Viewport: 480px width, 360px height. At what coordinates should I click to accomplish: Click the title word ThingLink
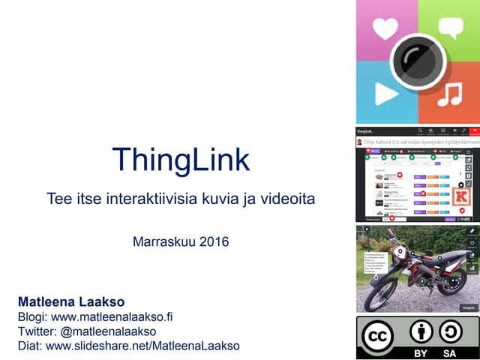click(x=180, y=159)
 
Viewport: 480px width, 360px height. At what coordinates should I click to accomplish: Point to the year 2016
click(x=213, y=242)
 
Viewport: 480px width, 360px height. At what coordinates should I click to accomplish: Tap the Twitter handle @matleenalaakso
click(x=109, y=331)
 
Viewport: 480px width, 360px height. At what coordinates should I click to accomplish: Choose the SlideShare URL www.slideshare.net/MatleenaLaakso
click(x=142, y=346)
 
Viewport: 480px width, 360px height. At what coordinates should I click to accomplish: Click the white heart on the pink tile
click(x=385, y=29)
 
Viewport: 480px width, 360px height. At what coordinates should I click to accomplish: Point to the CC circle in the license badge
click(x=377, y=337)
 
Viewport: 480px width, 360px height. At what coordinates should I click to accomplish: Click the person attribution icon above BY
click(x=421, y=331)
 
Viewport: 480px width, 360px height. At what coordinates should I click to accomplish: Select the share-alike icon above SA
click(x=450, y=331)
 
